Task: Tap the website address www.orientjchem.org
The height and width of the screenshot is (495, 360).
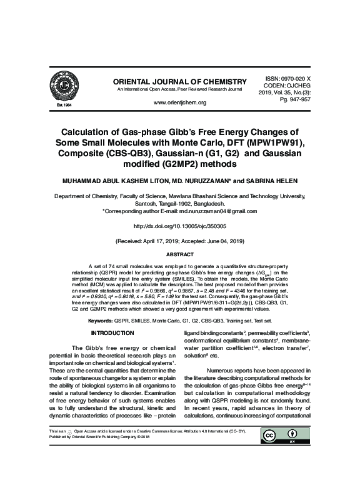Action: tap(179, 102)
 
